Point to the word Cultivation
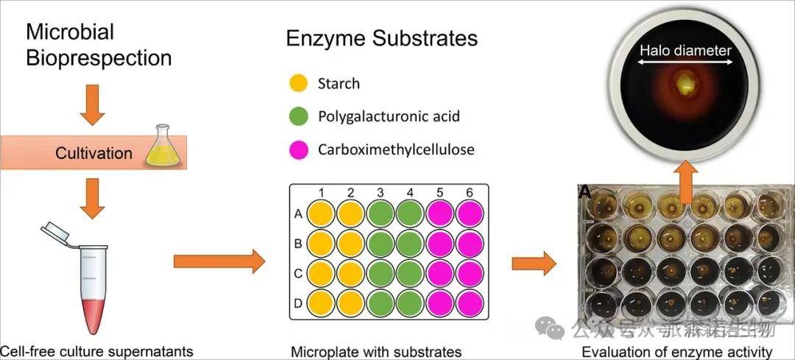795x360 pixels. [94, 154]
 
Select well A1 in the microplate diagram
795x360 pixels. [321, 215]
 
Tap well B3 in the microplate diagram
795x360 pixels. [381, 243]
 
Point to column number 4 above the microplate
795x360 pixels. [410, 193]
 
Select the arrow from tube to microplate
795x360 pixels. [218, 260]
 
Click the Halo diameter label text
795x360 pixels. [685, 51]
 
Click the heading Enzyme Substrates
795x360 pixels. [382, 38]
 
